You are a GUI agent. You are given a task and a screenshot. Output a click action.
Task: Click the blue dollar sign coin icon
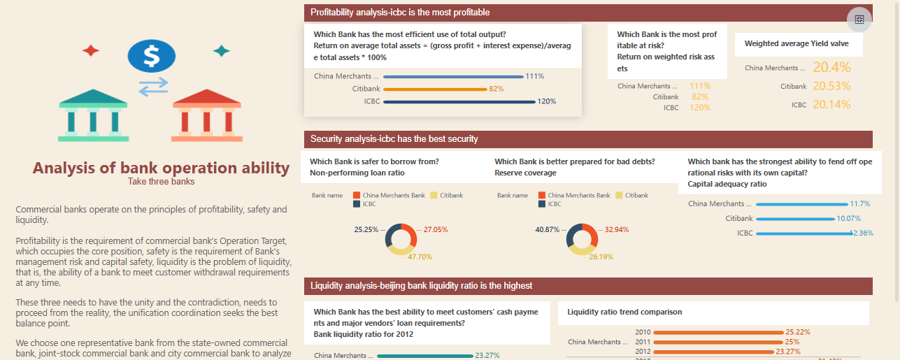151,56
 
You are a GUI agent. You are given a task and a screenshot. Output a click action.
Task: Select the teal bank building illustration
92,115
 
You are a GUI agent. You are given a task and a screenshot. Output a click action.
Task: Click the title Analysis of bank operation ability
161,168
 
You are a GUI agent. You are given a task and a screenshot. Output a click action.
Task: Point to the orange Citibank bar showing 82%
434,89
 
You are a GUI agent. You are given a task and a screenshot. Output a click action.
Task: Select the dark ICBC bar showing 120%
459,102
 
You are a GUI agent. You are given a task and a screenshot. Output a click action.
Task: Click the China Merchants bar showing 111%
453,77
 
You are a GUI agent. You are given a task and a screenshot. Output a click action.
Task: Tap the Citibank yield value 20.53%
831,86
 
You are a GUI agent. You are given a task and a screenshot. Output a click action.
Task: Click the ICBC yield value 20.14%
831,105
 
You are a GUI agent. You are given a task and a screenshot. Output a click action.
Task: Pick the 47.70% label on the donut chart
420,257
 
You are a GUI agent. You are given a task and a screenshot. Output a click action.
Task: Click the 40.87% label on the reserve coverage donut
547,229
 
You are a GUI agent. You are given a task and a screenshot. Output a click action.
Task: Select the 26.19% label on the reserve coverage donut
601,257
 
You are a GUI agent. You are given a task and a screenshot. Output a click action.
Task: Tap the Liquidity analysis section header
421,286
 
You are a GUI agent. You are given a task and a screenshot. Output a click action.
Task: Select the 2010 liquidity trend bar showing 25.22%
718,332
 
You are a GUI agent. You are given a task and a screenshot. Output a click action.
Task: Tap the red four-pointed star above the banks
91,50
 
